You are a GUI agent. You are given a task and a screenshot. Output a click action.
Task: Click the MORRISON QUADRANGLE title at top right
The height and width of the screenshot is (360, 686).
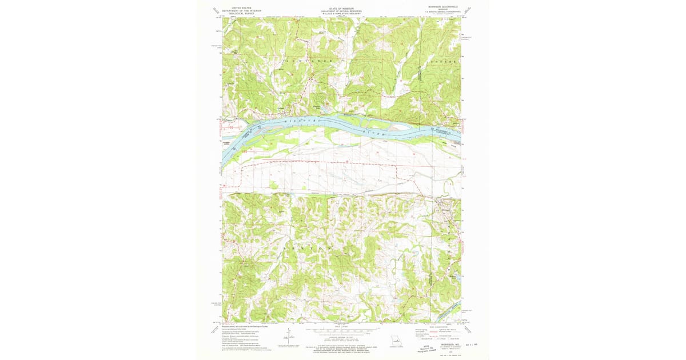coord(441,7)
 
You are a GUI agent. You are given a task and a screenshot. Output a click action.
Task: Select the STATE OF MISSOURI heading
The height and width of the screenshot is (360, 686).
coord(341,8)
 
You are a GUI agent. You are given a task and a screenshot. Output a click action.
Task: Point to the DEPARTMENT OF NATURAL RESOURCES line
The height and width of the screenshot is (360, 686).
coord(341,11)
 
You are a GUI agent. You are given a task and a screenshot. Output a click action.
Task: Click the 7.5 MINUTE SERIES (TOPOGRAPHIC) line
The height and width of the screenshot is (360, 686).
coord(441,12)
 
